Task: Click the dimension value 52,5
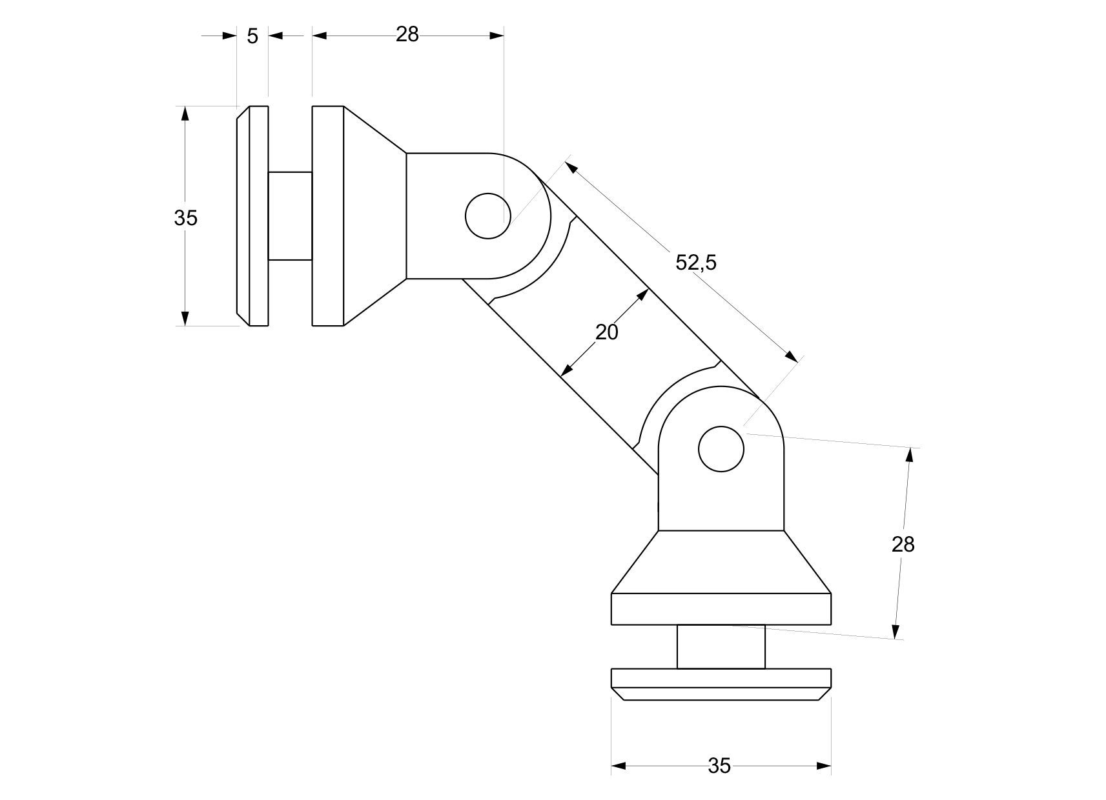pos(695,263)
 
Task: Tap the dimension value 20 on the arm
pos(606,332)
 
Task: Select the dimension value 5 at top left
pos(252,37)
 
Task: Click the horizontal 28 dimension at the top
pos(407,35)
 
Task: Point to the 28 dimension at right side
pos(903,545)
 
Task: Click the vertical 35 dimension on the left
pos(185,219)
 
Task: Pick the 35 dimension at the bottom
pos(719,766)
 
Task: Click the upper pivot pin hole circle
pos(488,215)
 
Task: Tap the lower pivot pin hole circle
pos(721,448)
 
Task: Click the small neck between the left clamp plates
pos(290,216)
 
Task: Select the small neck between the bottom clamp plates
pos(721,646)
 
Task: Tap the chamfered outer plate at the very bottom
pos(721,685)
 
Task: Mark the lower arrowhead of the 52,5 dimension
pos(791,355)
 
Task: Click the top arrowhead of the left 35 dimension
pos(185,114)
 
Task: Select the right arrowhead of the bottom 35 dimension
pos(823,766)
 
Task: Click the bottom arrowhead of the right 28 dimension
pos(896,631)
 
